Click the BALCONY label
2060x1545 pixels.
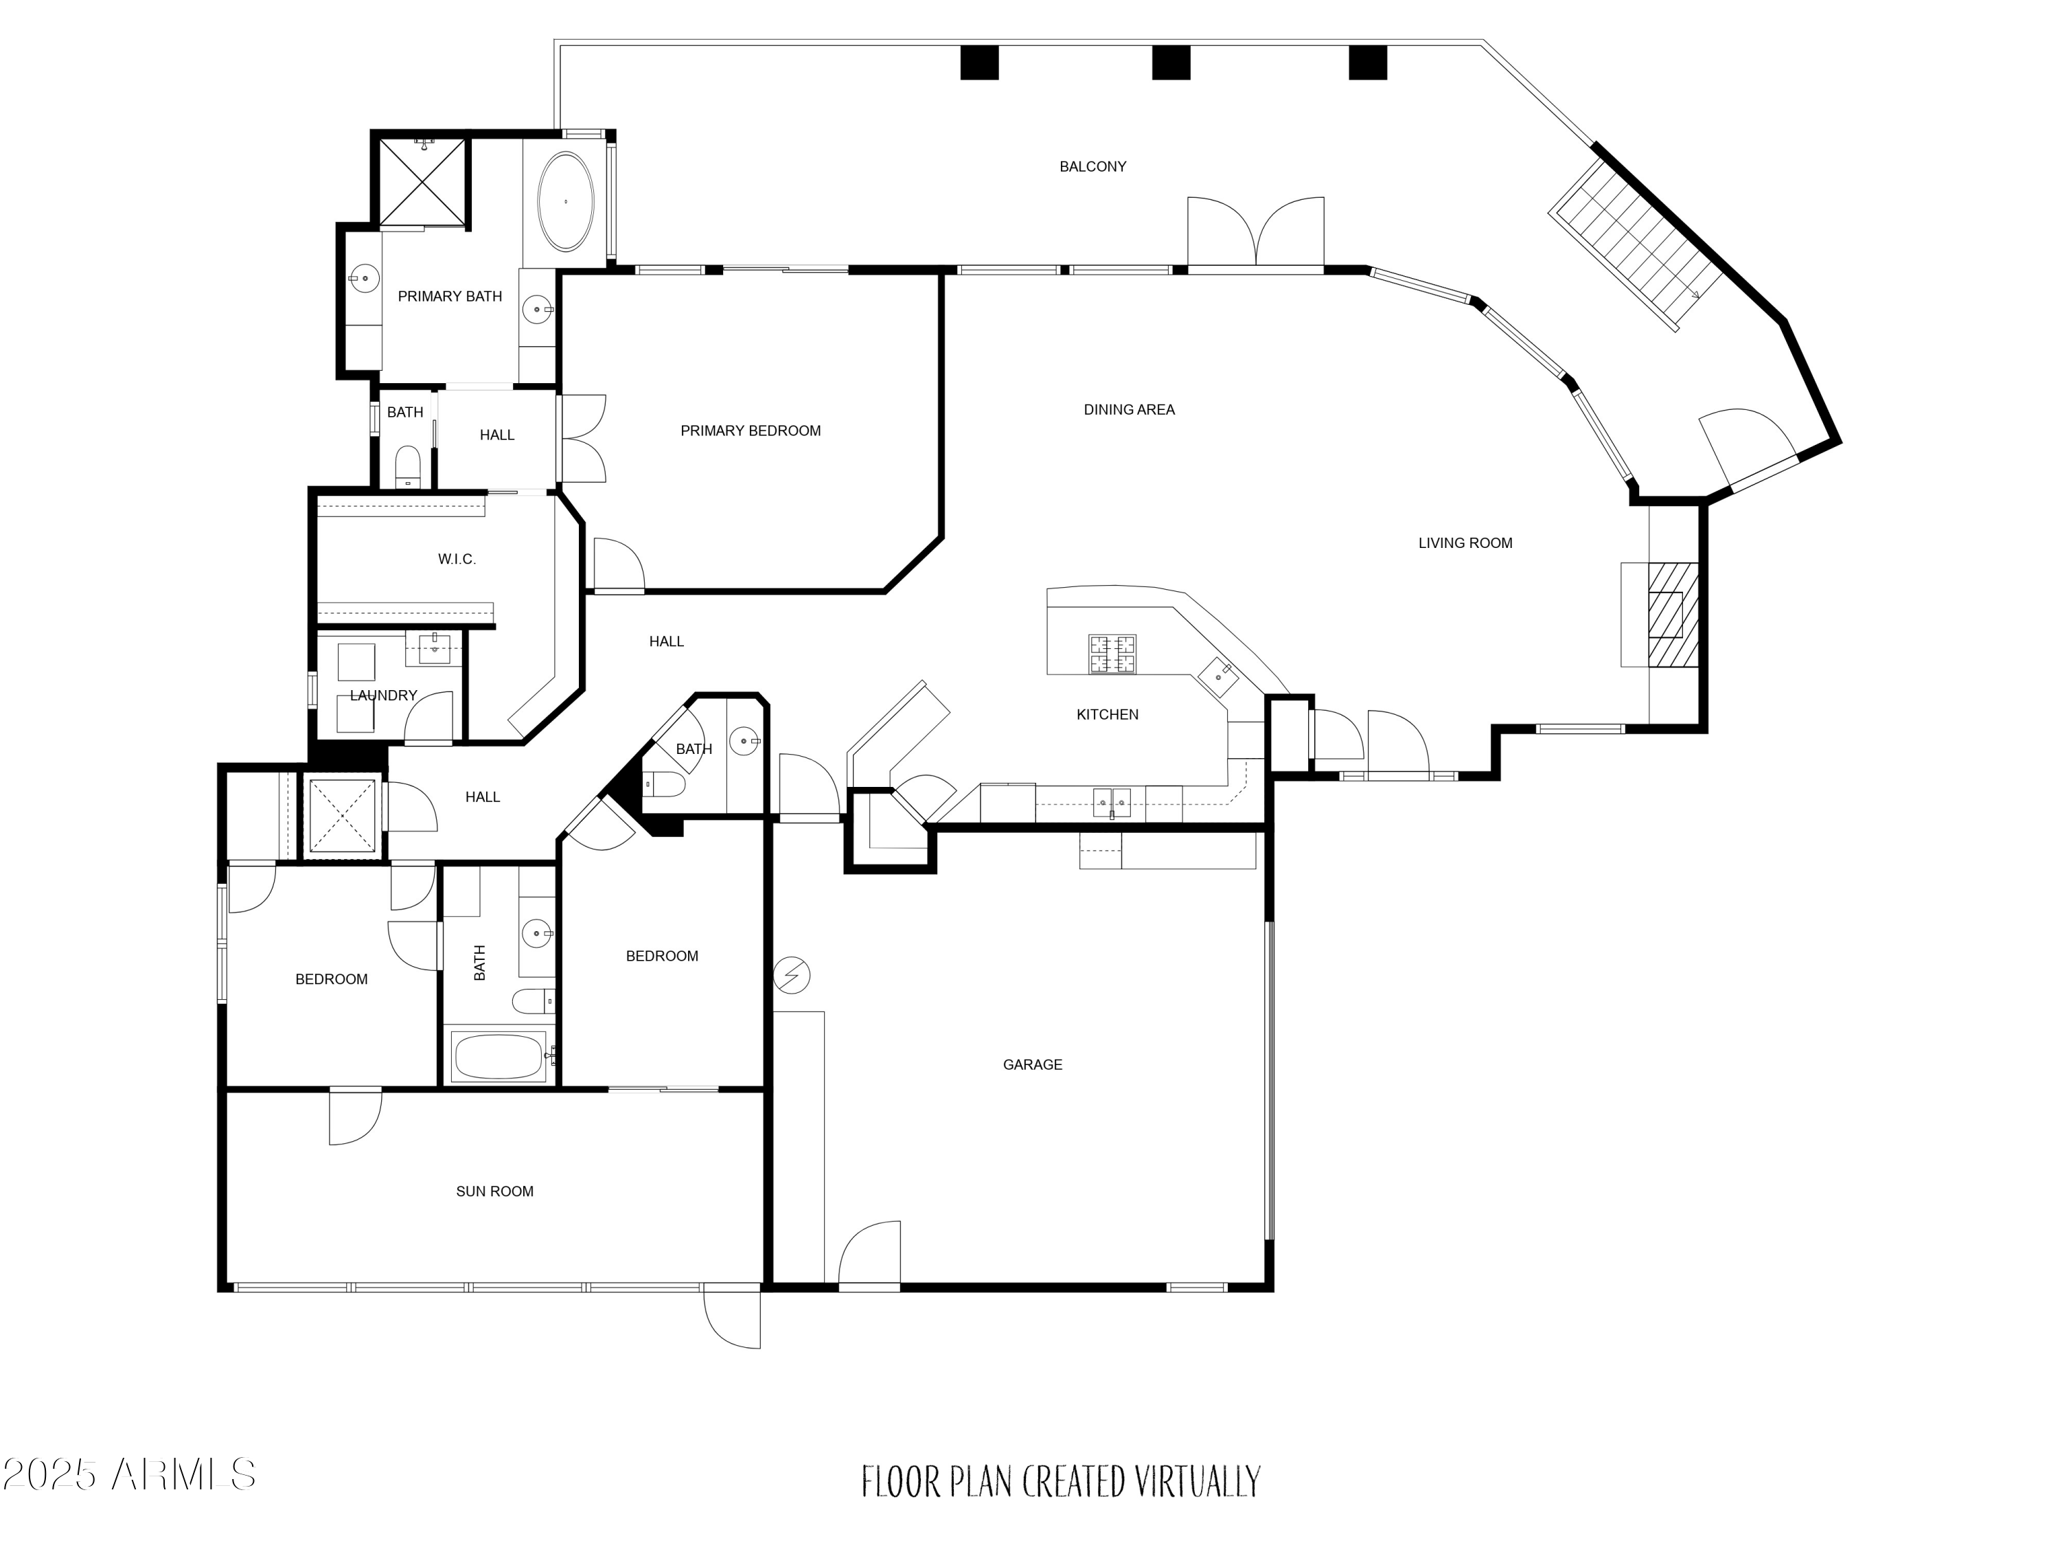(1092, 167)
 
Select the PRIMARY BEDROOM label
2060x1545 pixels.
(751, 431)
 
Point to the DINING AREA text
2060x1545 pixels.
(1129, 410)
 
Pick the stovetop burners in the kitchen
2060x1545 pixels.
(1112, 654)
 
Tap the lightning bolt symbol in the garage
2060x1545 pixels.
(792, 976)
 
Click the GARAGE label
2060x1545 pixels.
(1032, 1064)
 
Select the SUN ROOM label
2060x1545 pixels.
(494, 1191)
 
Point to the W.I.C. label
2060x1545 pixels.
(457, 559)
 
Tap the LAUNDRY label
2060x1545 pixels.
(382, 696)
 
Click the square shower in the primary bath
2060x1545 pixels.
(422, 181)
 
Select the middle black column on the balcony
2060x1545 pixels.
(1171, 62)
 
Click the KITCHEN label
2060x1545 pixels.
(1108, 714)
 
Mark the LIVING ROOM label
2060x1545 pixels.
(1465, 543)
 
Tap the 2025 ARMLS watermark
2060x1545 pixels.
(128, 1474)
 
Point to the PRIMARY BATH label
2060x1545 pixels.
(450, 296)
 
